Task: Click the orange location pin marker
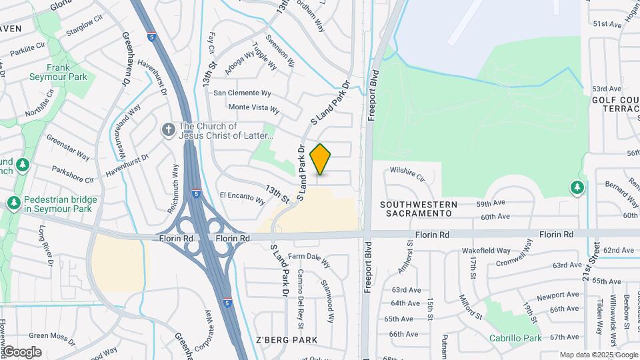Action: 321,159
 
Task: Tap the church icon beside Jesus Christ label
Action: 170,128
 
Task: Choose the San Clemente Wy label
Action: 241,93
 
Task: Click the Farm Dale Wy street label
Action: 309,259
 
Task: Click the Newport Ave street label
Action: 539,295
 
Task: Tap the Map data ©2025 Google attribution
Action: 598,355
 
